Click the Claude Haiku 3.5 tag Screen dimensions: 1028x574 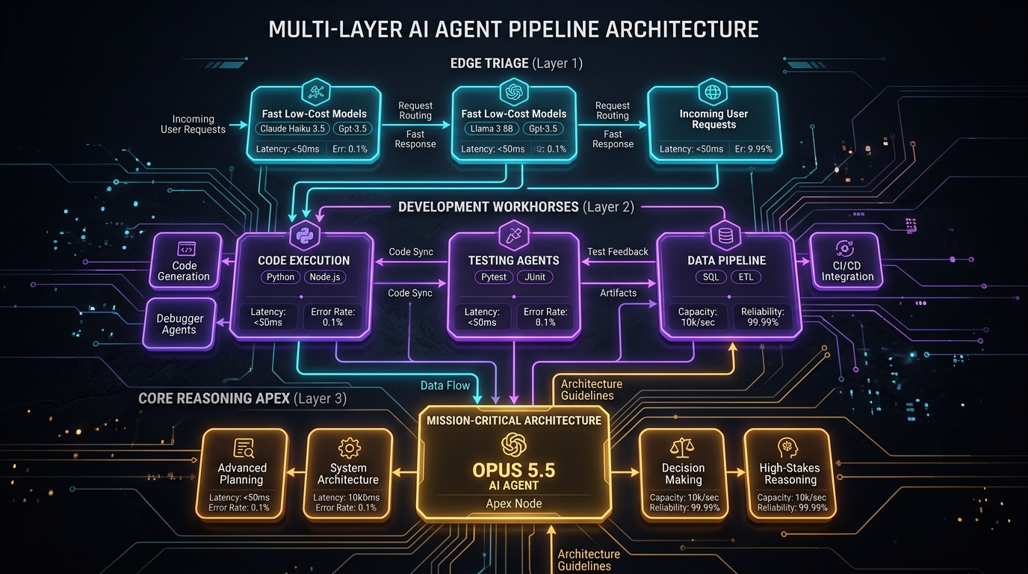pos(292,129)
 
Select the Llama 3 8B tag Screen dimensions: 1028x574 pos(491,129)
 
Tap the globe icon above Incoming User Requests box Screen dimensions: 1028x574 pos(713,92)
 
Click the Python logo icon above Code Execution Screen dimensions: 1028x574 pos(304,235)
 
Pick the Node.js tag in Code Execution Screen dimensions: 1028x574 pos(325,277)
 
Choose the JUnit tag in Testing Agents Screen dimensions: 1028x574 pos(535,277)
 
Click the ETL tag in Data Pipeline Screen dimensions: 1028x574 pos(746,277)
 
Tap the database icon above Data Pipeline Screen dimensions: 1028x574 pos(725,235)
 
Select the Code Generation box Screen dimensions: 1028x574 pos(185,261)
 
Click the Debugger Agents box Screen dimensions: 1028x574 pos(179,324)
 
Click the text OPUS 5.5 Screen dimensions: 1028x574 pos(514,470)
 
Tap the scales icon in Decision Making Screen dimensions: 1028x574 pos(682,448)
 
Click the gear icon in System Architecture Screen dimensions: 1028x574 pos(349,448)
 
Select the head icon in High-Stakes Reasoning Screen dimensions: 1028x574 pos(787,448)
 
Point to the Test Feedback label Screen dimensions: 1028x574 pos(618,252)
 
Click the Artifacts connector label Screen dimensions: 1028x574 pos(618,293)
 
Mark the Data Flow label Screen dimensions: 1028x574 pos(445,386)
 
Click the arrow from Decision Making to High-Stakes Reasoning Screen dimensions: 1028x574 pos(735,472)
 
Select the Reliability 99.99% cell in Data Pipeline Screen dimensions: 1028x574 pos(763,317)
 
